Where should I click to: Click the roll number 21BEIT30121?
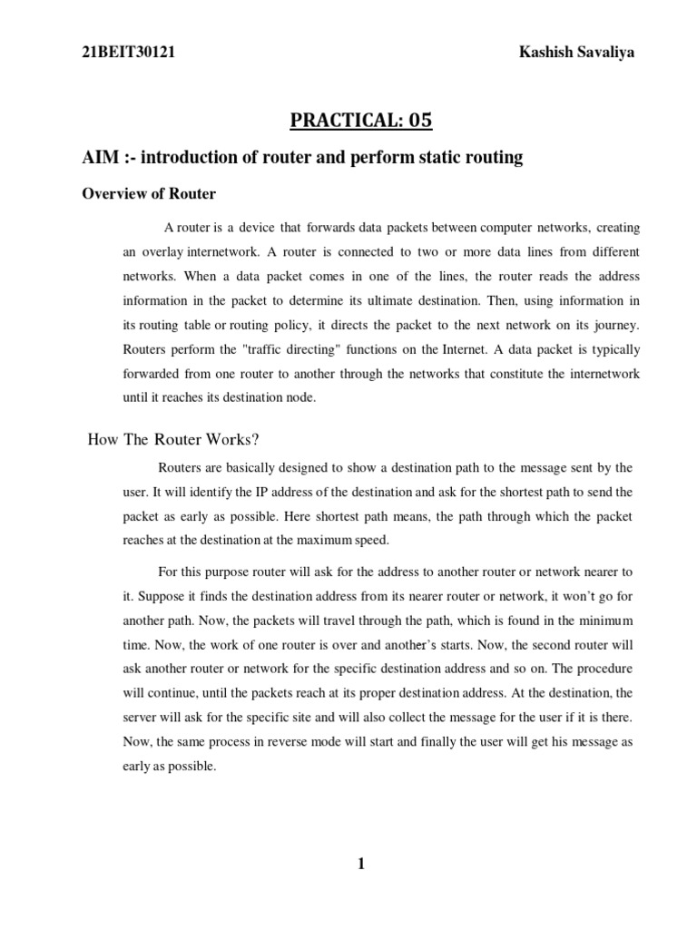[129, 53]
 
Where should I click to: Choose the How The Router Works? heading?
[173, 440]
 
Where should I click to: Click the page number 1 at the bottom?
[360, 864]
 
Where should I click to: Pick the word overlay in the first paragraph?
[163, 250]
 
